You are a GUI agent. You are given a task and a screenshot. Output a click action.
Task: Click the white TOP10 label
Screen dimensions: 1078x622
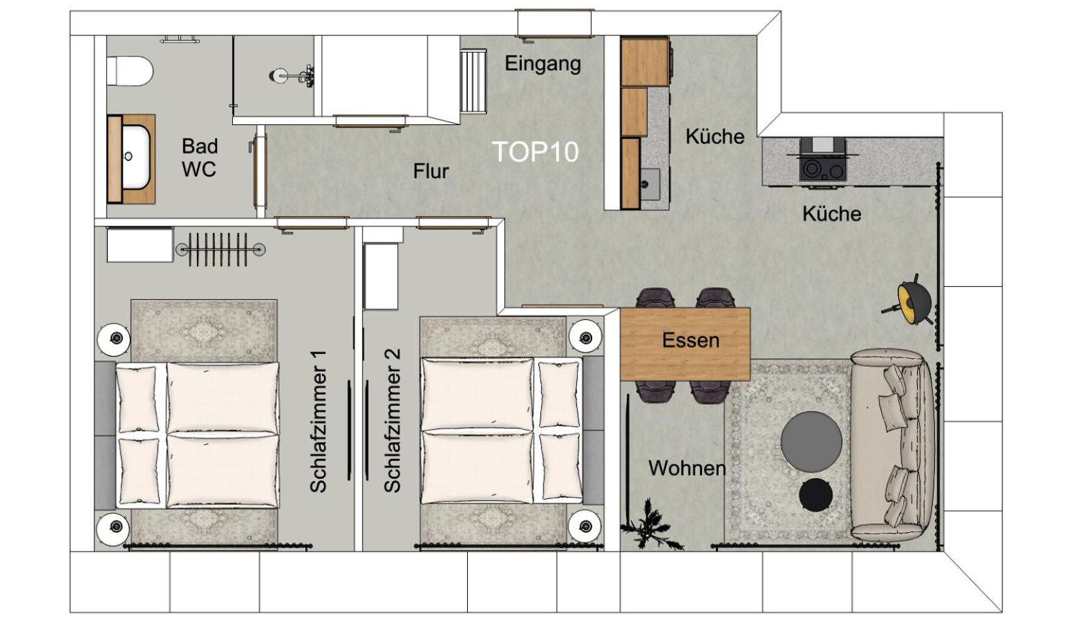536,152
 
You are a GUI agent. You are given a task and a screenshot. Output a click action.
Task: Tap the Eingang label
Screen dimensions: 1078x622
543,64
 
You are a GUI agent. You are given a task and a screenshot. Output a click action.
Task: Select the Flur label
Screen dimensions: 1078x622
431,171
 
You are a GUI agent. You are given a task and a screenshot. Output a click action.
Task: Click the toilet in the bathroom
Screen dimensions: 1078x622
129,70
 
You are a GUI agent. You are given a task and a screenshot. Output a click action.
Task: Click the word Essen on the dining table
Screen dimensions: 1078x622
690,340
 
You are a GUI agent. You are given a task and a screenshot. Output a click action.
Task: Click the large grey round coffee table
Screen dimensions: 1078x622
811,442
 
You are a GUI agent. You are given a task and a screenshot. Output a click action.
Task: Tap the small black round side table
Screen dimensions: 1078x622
815,494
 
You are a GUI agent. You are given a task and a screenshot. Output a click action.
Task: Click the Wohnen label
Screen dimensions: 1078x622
687,468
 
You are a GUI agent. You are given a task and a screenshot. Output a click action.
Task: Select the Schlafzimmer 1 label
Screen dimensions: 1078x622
318,422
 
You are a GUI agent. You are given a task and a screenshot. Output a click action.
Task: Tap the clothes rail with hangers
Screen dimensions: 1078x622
220,249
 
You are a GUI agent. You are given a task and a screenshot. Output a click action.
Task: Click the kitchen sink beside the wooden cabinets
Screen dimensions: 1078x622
649,184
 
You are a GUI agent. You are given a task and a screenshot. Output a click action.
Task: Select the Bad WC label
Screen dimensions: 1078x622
199,158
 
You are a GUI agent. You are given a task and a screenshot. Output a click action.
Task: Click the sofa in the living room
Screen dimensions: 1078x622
893,445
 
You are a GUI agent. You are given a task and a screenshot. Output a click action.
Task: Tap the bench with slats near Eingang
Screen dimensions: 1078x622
474,82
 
